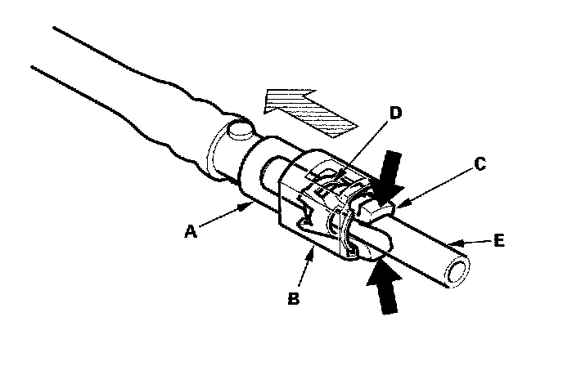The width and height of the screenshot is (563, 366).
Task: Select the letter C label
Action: point(480,164)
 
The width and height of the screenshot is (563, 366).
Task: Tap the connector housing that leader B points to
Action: point(319,221)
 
